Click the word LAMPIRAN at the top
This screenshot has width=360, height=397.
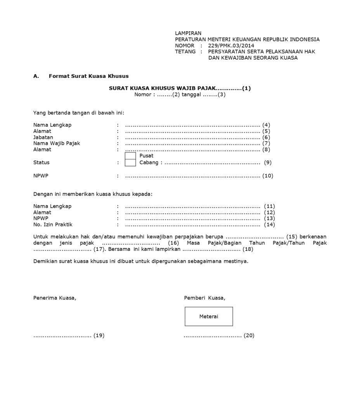pos(188,33)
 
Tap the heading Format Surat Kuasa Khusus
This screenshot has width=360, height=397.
pos(88,76)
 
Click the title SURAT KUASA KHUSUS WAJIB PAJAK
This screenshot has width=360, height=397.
pos(162,88)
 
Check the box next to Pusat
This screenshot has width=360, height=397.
pos(130,156)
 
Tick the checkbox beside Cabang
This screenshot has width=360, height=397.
pos(130,163)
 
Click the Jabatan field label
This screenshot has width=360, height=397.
pos(43,137)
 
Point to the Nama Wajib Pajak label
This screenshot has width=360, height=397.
pos(57,143)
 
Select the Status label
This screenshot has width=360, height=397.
pos(42,163)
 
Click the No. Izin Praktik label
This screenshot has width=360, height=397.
pos(53,224)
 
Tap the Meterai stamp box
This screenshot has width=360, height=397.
pos(209,316)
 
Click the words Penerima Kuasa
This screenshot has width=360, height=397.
pos(55,298)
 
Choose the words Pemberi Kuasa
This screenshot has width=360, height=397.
pos(204,298)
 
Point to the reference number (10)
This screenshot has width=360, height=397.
pos(268,176)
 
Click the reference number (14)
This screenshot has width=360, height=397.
pos(269,224)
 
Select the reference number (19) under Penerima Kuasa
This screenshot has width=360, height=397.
pos(99,335)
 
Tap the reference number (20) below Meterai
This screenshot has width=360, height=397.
pos(249,335)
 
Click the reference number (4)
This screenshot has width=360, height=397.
pos(266,125)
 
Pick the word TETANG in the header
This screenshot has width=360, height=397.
pos(185,52)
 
